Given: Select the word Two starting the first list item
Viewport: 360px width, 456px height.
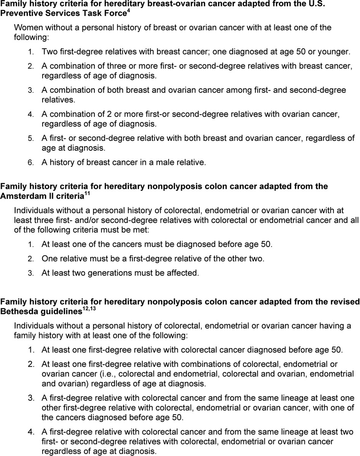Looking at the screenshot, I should point(49,51).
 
